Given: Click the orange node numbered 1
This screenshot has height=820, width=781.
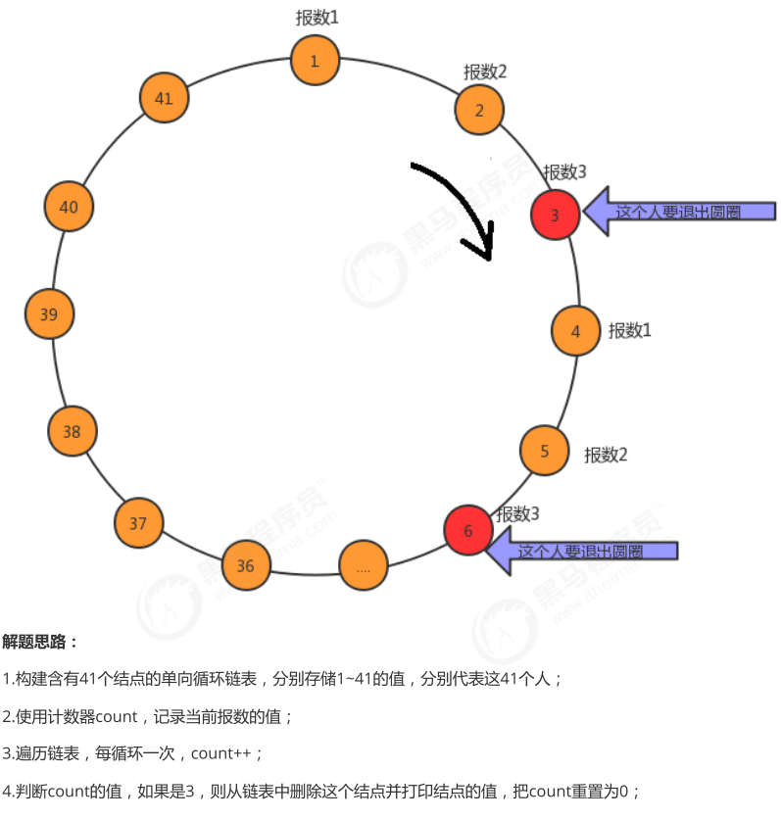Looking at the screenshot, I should [x=315, y=61].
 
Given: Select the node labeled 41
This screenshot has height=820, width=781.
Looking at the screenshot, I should [x=164, y=98].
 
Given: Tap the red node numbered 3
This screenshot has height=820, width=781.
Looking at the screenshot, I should [x=556, y=216].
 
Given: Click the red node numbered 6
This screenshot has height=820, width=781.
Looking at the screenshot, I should [x=467, y=531].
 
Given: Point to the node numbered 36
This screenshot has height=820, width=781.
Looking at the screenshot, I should [x=245, y=566].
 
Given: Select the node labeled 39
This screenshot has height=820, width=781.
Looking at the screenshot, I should [x=49, y=314].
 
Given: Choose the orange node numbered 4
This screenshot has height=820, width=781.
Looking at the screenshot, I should [x=575, y=331].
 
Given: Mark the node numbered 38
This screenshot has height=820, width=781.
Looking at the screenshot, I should [x=72, y=432].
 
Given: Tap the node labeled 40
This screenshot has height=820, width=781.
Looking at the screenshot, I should [x=69, y=207].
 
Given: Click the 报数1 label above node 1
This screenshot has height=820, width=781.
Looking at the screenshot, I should [x=317, y=18].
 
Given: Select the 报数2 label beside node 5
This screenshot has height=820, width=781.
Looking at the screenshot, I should [x=606, y=455].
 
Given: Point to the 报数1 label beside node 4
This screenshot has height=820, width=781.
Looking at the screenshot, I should [x=630, y=330].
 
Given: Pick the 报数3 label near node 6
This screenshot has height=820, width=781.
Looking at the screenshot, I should [x=517, y=513].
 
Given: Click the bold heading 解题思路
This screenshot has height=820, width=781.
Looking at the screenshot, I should [x=39, y=642].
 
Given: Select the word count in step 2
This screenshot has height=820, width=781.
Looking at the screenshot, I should [x=117, y=716].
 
